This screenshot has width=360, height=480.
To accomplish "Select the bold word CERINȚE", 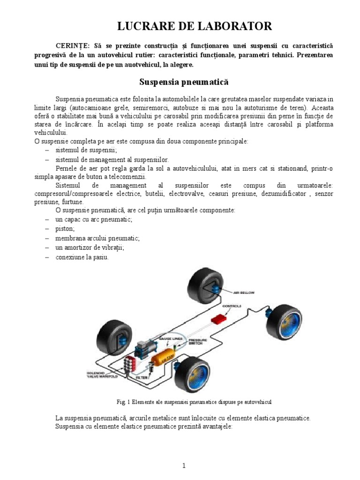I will [x=73, y=46].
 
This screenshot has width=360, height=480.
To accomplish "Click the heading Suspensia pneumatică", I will [x=184, y=82].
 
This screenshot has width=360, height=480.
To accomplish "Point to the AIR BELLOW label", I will [x=244, y=292].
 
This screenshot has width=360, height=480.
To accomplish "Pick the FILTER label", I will [x=142, y=376].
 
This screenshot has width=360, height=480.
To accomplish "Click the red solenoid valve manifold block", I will [x=129, y=364].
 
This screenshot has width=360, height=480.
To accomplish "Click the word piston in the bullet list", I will [x=65, y=228].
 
